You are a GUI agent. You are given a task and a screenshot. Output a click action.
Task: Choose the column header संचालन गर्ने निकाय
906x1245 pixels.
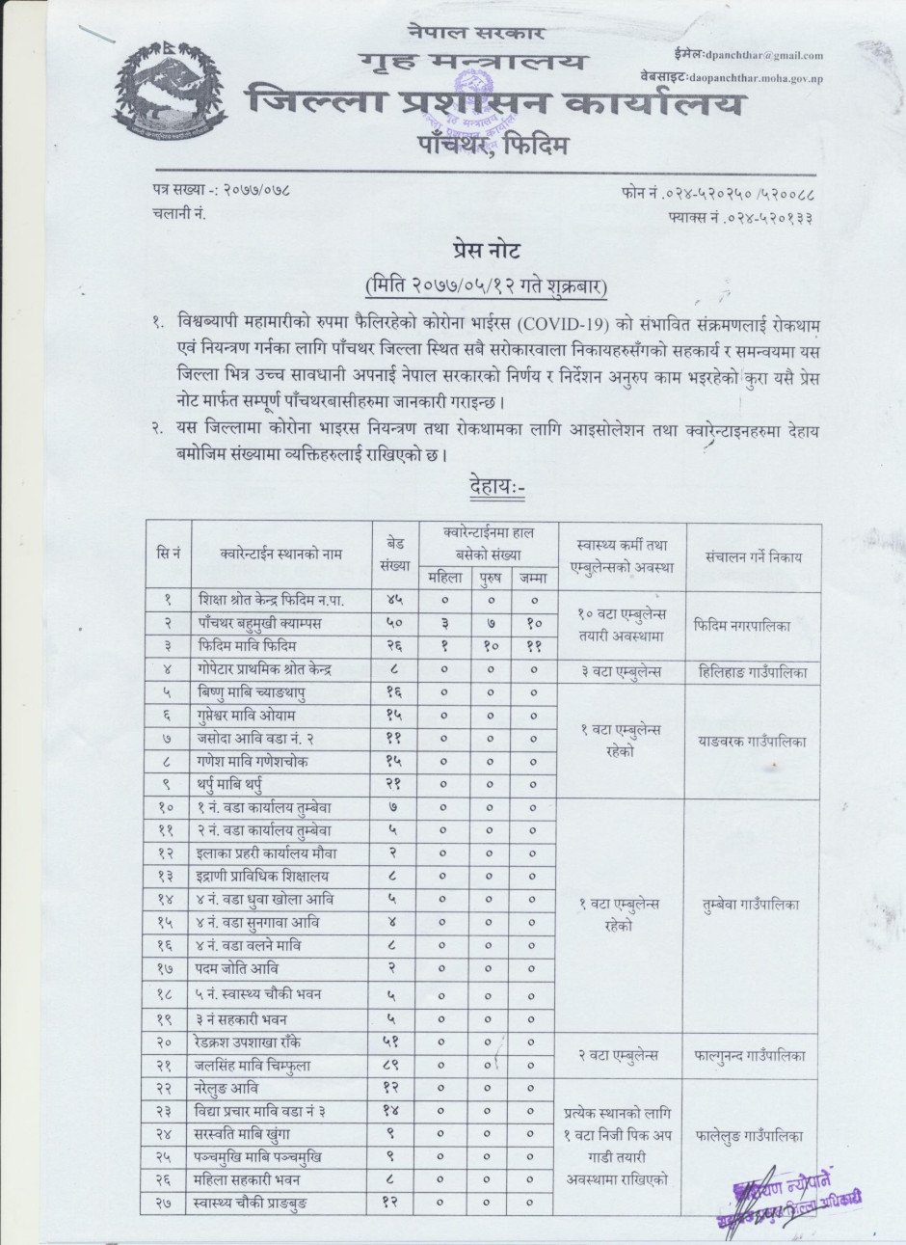(753, 556)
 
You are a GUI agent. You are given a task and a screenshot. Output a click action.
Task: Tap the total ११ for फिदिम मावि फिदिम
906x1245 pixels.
(533, 646)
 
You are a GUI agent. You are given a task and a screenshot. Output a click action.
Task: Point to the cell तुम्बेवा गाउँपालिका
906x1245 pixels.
(752, 904)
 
